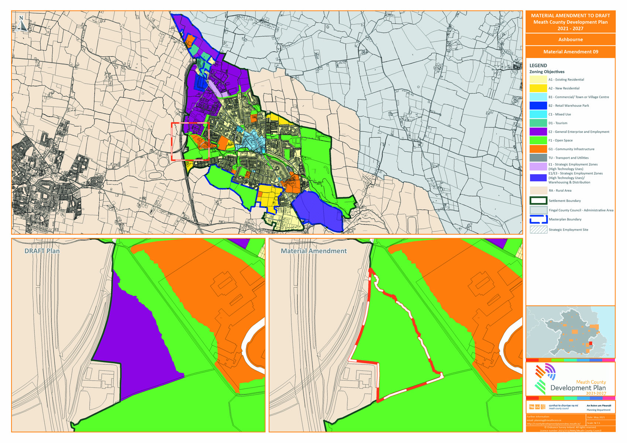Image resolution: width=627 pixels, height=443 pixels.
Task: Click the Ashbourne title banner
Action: pos(570,40)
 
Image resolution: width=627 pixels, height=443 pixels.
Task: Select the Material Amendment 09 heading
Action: pos(570,52)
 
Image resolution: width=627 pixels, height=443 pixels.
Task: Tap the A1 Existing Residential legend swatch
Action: pos(538,79)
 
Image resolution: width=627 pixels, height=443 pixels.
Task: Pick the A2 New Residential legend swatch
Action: pos(538,88)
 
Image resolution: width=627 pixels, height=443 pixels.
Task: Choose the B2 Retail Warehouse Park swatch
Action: pos(538,106)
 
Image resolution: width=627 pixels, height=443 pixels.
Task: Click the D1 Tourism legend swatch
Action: pos(538,123)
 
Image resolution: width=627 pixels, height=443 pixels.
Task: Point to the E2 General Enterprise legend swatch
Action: pos(538,131)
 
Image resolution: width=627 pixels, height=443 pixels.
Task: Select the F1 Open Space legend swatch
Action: pos(538,140)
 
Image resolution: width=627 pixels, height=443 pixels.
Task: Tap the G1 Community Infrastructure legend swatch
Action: pos(538,149)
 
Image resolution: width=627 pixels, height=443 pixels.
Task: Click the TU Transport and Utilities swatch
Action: pos(538,158)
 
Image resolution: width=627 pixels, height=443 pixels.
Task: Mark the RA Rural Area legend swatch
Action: pos(538,190)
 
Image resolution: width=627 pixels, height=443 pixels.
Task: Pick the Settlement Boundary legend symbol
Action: pos(538,200)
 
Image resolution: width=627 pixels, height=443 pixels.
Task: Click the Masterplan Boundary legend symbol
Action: pos(538,219)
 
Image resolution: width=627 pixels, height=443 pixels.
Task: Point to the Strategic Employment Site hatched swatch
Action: pos(538,230)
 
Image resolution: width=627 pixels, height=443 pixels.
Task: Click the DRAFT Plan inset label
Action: pos(42,251)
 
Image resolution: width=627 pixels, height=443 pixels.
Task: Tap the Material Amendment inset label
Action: pos(313,251)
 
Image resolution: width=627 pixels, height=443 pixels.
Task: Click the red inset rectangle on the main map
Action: pos(172,141)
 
